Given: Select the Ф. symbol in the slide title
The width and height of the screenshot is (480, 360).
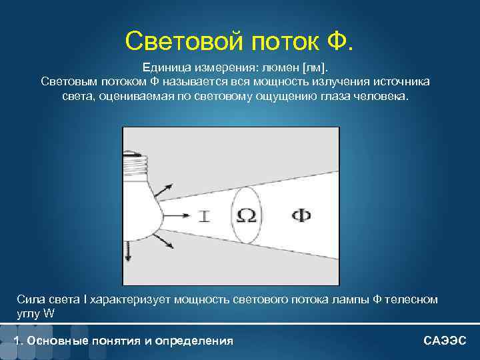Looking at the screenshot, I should (x=337, y=41).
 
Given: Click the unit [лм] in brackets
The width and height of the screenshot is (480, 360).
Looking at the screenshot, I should (x=314, y=68).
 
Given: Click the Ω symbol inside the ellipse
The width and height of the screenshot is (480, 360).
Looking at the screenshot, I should (x=246, y=215).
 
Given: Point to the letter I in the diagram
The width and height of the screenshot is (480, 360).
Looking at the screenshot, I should (x=204, y=215).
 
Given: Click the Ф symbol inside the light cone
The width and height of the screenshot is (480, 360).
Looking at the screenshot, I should (x=301, y=215).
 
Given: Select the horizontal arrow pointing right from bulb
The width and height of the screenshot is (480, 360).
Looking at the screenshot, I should (x=177, y=215).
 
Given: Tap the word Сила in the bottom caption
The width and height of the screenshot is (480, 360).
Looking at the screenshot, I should (x=31, y=299).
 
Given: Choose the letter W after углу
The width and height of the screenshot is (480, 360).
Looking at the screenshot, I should (x=48, y=313).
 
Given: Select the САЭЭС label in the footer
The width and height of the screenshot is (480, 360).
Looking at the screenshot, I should (x=445, y=341).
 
